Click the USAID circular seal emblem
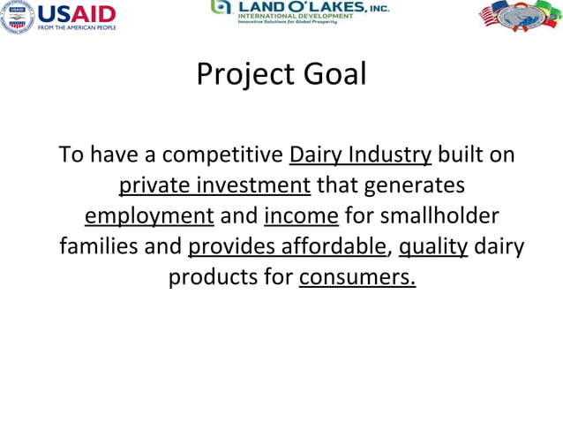tap(16, 17)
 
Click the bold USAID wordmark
tap(75, 13)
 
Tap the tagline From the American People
tap(76, 27)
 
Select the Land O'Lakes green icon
tap(221, 7)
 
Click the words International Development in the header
tap(289, 15)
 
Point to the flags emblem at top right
tap(520, 16)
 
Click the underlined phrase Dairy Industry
tap(360, 155)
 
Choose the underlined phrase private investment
tap(214, 185)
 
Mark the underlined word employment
tap(149, 216)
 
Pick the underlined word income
tap(301, 216)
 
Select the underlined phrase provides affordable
tap(288, 246)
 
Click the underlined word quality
tap(432, 246)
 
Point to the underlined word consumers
tap(357, 277)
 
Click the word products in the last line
tap(213, 277)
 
